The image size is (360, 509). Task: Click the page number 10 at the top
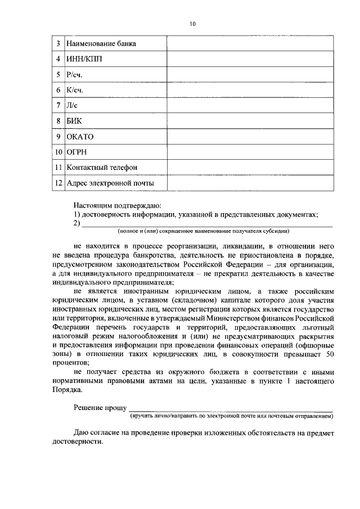[193, 24]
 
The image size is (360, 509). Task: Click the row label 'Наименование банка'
[101, 43]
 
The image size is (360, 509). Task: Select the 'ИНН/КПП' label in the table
[84, 59]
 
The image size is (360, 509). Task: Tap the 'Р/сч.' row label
[76, 74]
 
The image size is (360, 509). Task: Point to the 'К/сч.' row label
[76, 90]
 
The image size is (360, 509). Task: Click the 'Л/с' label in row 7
[73, 105]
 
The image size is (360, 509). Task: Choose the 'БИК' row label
[74, 121]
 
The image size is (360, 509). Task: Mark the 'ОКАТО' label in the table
[80, 137]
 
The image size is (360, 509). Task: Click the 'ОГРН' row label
[77, 152]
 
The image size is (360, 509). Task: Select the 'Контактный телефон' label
[101, 168]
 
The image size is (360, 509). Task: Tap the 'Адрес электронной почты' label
[110, 183]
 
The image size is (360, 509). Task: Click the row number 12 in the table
[58, 183]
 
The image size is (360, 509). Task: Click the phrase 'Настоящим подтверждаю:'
[118, 206]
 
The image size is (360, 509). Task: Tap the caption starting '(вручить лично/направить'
[231, 417]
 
